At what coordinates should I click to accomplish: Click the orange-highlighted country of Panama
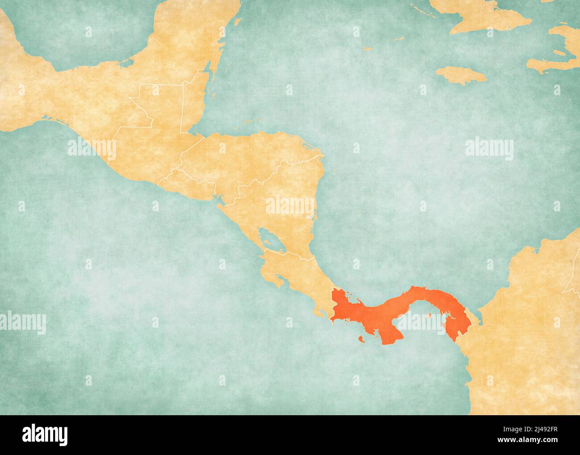point(402,304)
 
